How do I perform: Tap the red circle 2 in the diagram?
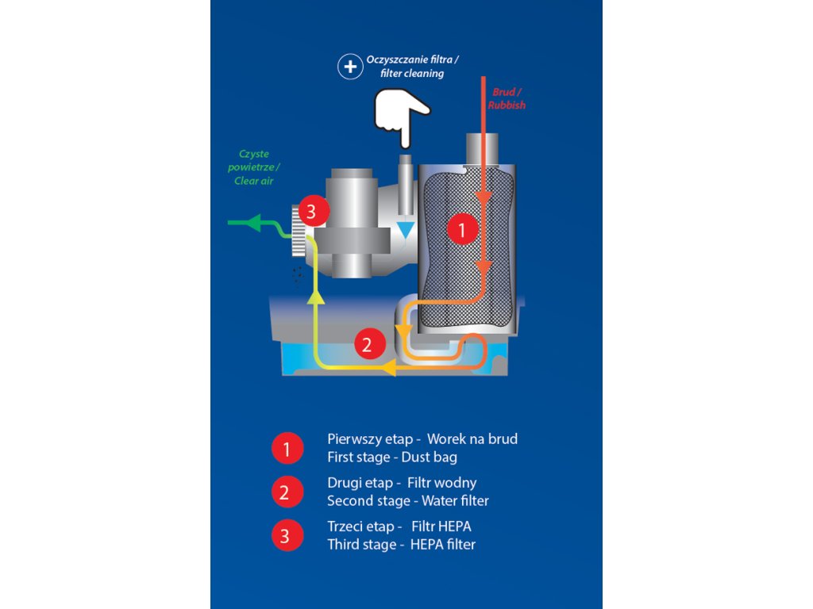(x=367, y=345)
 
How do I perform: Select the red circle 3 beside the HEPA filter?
(x=311, y=212)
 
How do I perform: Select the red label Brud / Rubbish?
(x=506, y=98)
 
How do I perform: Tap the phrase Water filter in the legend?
(x=455, y=500)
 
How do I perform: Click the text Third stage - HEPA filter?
(x=401, y=544)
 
